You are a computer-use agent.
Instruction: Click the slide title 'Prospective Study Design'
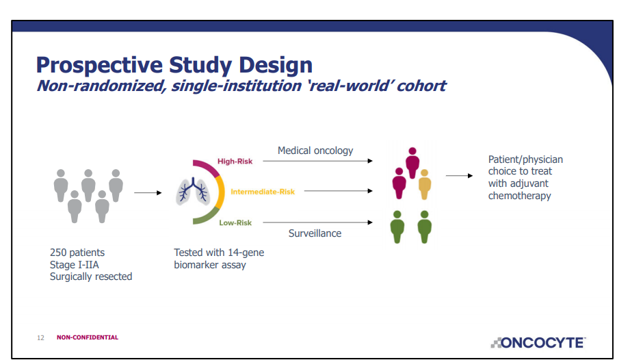pyautogui.click(x=174, y=65)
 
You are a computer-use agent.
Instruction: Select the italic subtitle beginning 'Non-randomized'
pyautogui.click(x=240, y=86)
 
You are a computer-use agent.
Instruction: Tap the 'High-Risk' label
pyautogui.click(x=235, y=162)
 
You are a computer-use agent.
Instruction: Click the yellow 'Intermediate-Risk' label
pyautogui.click(x=263, y=192)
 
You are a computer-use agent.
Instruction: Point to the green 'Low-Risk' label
pyautogui.click(x=235, y=222)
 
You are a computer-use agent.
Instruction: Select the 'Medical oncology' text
pyautogui.click(x=315, y=151)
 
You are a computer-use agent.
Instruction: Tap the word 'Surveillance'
pyautogui.click(x=315, y=233)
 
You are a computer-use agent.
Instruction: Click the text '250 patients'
pyautogui.click(x=77, y=253)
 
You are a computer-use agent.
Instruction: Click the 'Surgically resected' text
pyautogui.click(x=91, y=277)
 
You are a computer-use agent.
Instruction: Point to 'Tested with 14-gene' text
pyautogui.click(x=219, y=253)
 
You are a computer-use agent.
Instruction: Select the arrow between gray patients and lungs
pyautogui.click(x=148, y=192)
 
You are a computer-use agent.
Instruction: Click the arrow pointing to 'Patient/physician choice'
pyautogui.click(x=459, y=176)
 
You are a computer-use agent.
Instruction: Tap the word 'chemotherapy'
pyautogui.click(x=519, y=196)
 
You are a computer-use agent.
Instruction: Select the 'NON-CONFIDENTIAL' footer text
pyautogui.click(x=87, y=337)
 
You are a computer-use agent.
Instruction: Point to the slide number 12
pyautogui.click(x=40, y=337)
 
